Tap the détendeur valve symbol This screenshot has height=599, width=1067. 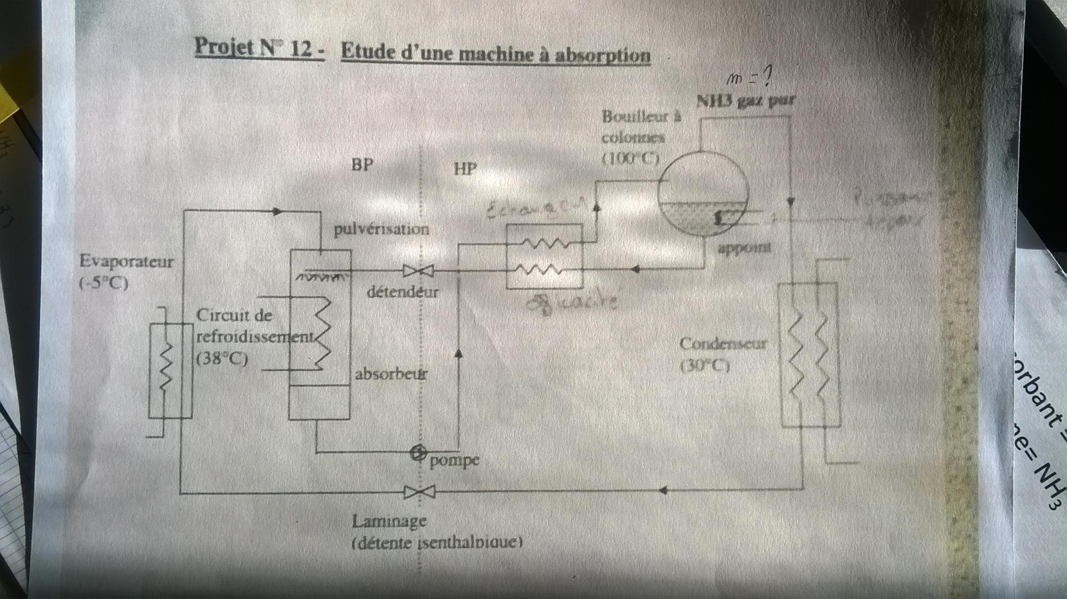[x=418, y=271]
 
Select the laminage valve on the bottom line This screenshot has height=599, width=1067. [x=419, y=491]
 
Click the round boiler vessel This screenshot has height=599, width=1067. [x=703, y=194]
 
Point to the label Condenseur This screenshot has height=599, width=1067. [x=723, y=344]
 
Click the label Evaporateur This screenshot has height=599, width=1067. [x=126, y=262]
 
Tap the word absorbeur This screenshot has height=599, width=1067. [x=391, y=374]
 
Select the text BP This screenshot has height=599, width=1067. [x=362, y=165]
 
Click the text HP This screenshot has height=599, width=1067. [x=465, y=170]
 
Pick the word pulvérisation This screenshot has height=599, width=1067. [x=381, y=229]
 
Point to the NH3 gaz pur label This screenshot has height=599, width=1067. [x=746, y=101]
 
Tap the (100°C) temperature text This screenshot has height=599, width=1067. [x=631, y=158]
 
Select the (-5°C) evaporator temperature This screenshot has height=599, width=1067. [x=103, y=283]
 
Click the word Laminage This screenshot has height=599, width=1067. [x=389, y=521]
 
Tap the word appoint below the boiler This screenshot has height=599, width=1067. [x=744, y=247]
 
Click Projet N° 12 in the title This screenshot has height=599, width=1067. [x=259, y=48]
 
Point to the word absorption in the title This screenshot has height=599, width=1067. [x=603, y=55]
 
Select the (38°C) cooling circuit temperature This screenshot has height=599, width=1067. [x=222, y=359]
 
